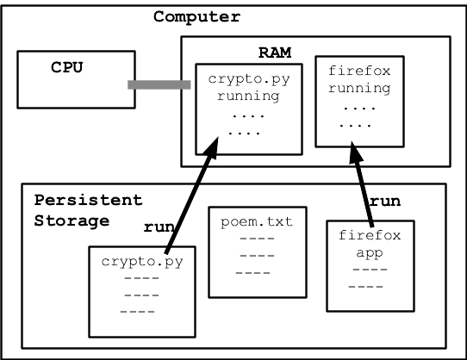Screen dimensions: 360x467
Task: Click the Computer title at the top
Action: click(x=196, y=16)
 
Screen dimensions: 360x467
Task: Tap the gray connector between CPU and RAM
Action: click(x=159, y=84)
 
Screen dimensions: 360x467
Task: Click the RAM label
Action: click(x=276, y=53)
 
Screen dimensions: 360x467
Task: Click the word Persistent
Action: click(x=88, y=200)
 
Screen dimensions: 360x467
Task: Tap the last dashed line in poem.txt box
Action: click(x=252, y=273)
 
